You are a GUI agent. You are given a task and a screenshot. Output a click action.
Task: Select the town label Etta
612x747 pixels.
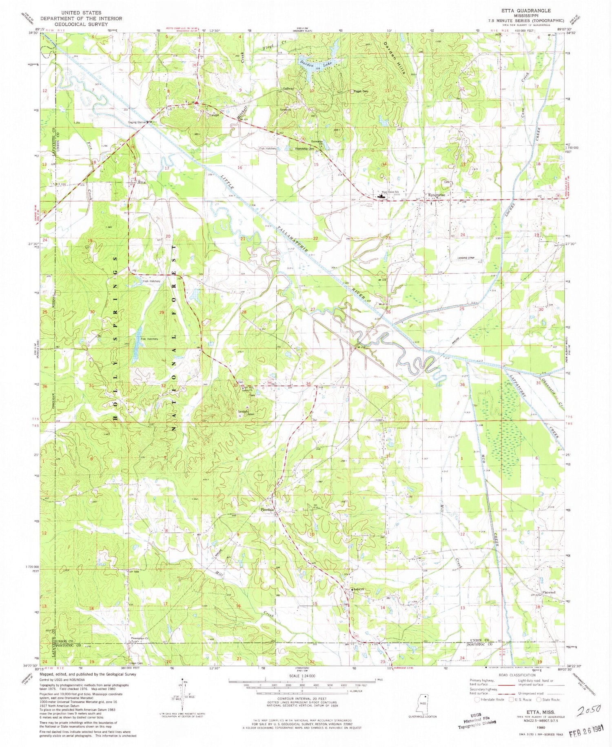coord(142,182)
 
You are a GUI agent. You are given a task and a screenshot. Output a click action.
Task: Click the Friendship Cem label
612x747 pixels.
coord(305,149)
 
